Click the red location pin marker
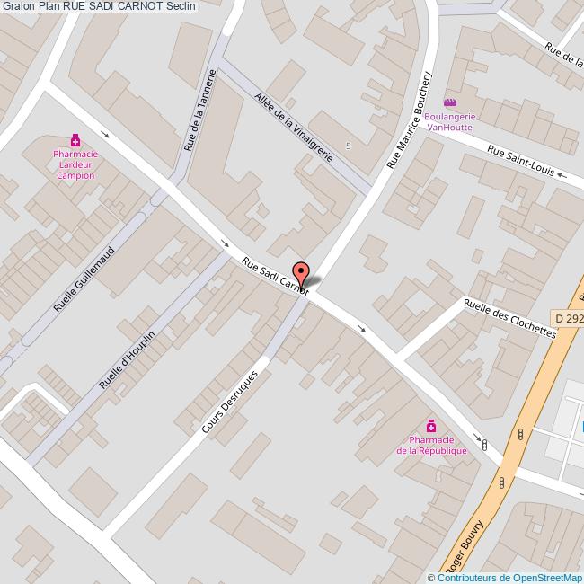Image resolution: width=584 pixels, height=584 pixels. click(302, 274)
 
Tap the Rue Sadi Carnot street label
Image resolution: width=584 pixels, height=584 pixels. click(275, 275)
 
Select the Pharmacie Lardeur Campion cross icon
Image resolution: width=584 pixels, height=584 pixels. click(76, 140)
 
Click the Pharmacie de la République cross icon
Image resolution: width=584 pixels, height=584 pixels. click(431, 426)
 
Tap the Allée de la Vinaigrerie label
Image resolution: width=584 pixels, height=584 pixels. click(294, 127)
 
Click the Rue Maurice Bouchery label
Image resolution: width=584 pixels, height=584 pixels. click(410, 120)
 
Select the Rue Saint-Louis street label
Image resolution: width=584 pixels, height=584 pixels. click(520, 161)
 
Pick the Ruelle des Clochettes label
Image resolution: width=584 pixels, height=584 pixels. click(509, 317)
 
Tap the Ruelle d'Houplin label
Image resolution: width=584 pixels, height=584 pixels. click(127, 360)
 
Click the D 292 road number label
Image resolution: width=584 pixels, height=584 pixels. click(569, 318)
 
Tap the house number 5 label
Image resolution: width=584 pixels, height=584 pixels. click(348, 146)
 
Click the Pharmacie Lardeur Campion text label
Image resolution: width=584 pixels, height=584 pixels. click(76, 164)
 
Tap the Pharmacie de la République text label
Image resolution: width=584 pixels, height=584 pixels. click(431, 445)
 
